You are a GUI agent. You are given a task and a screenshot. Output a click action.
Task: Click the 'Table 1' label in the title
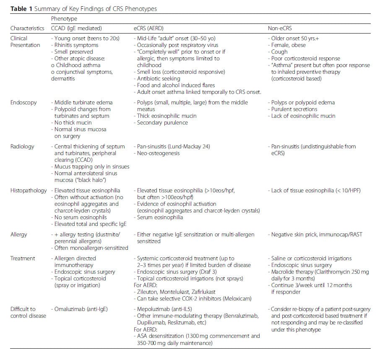(x=20, y=9)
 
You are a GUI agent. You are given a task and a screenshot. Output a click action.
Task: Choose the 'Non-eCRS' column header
(x=279, y=28)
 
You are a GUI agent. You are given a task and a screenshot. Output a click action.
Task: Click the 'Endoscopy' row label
(x=23, y=102)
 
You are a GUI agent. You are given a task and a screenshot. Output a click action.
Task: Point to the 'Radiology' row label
(x=22, y=146)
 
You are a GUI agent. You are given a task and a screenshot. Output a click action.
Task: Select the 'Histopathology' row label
(x=29, y=190)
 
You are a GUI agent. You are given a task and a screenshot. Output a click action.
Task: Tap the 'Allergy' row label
(x=19, y=234)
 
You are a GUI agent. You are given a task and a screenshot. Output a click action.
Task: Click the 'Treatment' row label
(x=23, y=258)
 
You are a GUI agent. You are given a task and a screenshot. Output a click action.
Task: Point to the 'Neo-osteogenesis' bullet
(x=159, y=153)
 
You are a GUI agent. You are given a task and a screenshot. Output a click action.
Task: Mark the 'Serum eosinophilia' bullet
(x=161, y=218)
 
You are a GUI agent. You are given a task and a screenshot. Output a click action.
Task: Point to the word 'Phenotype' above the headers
(x=64, y=19)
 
